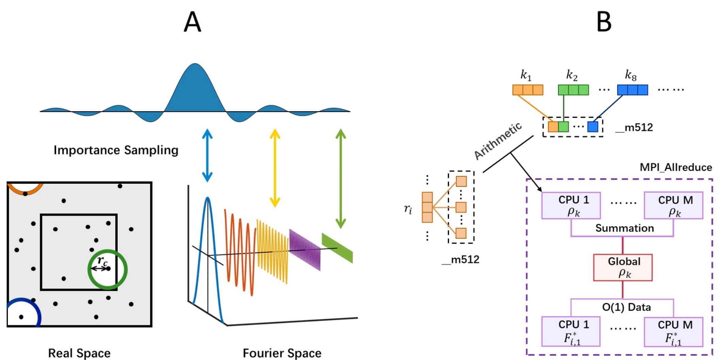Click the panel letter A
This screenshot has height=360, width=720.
click(x=192, y=22)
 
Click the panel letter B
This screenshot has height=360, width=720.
click(x=604, y=22)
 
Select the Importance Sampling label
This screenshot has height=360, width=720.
click(x=116, y=150)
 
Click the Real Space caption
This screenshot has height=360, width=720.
click(x=79, y=353)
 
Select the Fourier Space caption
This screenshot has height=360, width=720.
click(x=282, y=353)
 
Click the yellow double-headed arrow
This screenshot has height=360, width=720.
click(x=275, y=168)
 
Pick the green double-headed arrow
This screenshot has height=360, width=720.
click(x=340, y=178)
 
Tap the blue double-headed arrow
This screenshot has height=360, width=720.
click(x=207, y=156)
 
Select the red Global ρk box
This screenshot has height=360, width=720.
click(x=623, y=267)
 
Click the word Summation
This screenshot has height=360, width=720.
click(x=624, y=228)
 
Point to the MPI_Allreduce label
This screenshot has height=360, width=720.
click(x=675, y=167)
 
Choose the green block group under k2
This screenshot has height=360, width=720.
click(x=573, y=90)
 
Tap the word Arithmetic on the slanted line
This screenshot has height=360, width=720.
click(x=497, y=141)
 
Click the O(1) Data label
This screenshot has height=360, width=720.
click(x=626, y=307)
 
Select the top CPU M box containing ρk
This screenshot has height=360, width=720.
click(x=673, y=205)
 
